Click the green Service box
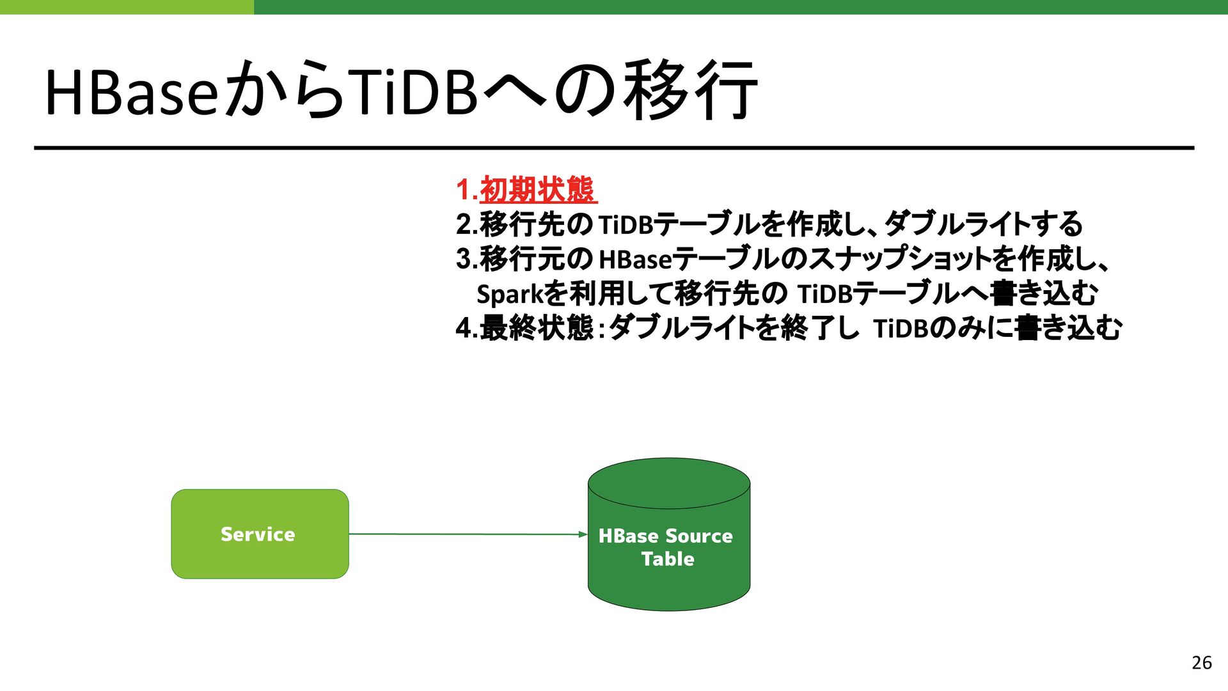[260, 534]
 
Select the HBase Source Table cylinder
[668, 534]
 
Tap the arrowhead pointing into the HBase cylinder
[583, 534]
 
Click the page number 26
[1201, 663]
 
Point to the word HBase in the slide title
[132, 93]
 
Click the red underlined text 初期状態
[537, 190]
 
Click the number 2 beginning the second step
[464, 224]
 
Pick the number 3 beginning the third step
[464, 259]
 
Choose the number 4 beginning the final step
[464, 329]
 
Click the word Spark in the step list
[509, 294]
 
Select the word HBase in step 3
[635, 260]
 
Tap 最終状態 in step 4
[537, 329]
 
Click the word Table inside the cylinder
[668, 559]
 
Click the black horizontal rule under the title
[614, 148]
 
